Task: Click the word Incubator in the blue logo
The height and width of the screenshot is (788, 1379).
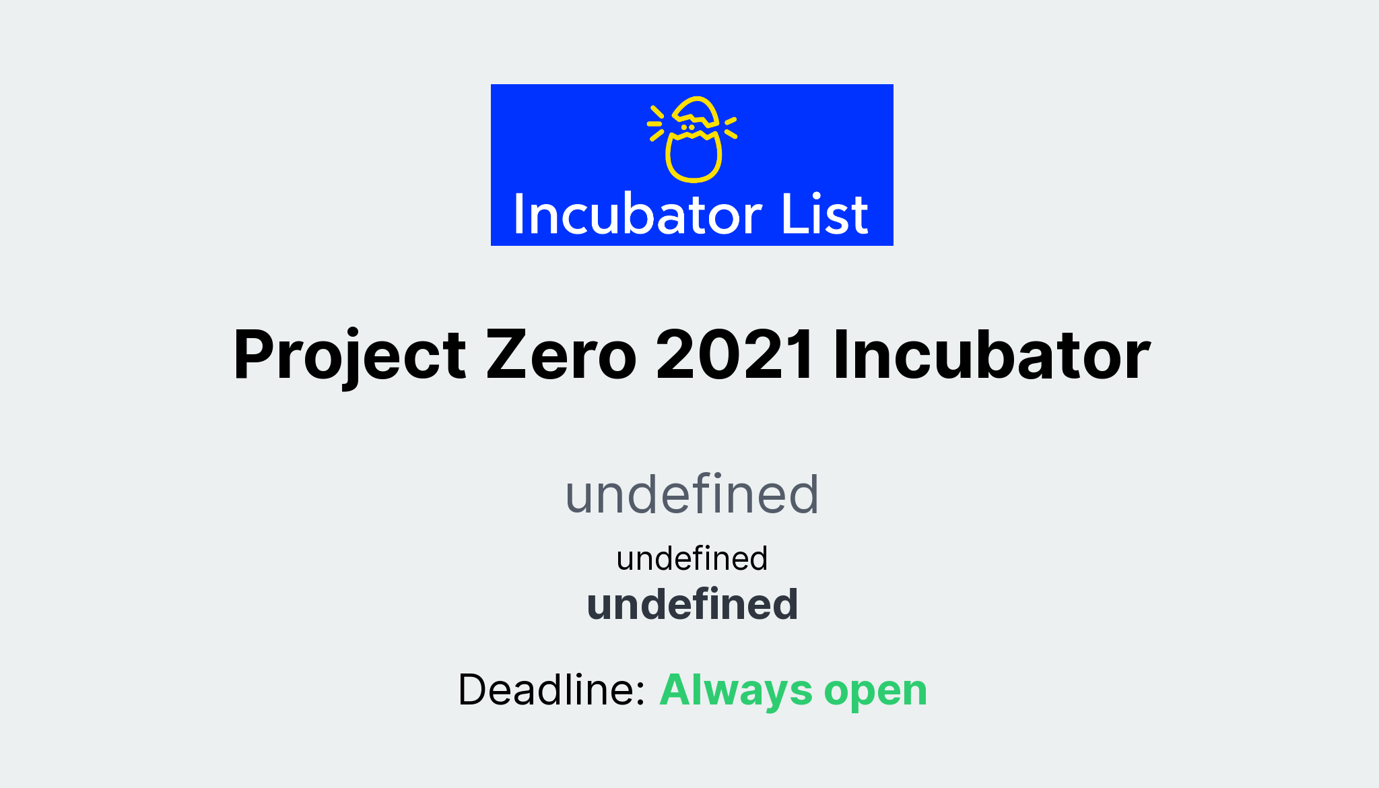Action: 638,216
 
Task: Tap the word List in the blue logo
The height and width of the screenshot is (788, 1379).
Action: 825,216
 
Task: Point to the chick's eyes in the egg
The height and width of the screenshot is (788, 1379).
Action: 687,127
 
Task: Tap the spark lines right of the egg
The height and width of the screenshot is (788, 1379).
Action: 731,127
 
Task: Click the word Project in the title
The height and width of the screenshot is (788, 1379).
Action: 349,356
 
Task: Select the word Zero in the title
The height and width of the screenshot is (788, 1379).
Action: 561,356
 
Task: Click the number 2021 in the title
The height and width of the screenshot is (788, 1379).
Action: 735,356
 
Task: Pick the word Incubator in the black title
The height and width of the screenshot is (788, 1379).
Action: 991,356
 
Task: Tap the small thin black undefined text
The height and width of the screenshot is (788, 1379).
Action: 692,559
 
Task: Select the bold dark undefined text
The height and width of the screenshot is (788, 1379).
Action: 692,604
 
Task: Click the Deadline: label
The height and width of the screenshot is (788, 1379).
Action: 551,690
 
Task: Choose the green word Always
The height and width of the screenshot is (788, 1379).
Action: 737,690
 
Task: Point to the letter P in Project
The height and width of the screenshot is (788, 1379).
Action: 256,356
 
